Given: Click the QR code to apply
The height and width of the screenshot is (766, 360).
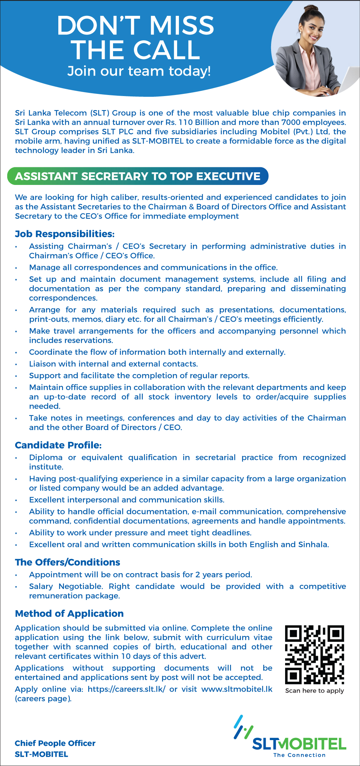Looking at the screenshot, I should tap(315, 654).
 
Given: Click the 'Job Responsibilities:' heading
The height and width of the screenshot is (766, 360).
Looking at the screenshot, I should tap(65, 234).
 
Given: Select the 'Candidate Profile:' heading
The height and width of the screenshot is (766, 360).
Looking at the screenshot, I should tap(58, 445).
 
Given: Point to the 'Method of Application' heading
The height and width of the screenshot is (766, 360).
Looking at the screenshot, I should tap(69, 613).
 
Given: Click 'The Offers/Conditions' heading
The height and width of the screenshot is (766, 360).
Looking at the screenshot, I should tap(68, 562).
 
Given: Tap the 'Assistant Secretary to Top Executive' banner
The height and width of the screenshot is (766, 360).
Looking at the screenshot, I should tap(138, 176).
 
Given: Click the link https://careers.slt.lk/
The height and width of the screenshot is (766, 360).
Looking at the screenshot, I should tap(126, 689).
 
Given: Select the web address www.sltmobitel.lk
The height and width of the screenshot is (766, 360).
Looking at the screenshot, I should tap(237, 689).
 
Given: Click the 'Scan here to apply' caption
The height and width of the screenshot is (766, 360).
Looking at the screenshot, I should tap(314, 690).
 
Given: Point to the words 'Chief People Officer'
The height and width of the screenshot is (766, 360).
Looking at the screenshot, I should tap(55, 743).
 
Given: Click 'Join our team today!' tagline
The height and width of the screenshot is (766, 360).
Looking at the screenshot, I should tap(139, 71).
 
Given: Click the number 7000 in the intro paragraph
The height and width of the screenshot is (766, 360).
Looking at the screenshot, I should tap(291, 122).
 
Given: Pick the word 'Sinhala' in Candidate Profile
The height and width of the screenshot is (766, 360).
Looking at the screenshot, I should tap(313, 544).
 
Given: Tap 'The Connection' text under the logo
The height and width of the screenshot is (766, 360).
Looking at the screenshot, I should tap(300, 755).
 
